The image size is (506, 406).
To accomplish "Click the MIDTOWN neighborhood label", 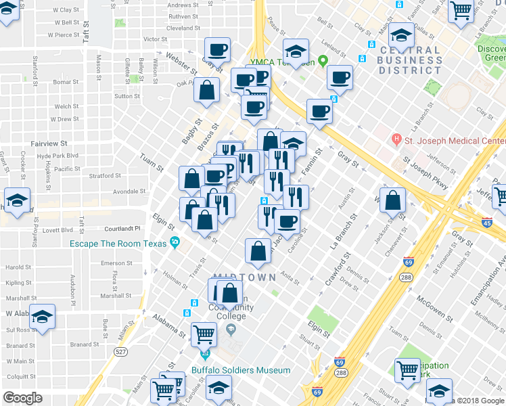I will tap(244, 277).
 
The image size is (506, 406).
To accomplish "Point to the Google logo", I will tap(22, 398).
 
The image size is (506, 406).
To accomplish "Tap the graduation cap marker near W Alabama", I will tap(43, 316).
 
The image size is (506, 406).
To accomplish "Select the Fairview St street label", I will tap(49, 143).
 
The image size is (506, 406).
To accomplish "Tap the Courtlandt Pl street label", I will tap(122, 229).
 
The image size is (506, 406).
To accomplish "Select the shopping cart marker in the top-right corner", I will tap(460, 11).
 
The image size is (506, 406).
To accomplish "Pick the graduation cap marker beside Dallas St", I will tap(402, 35).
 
